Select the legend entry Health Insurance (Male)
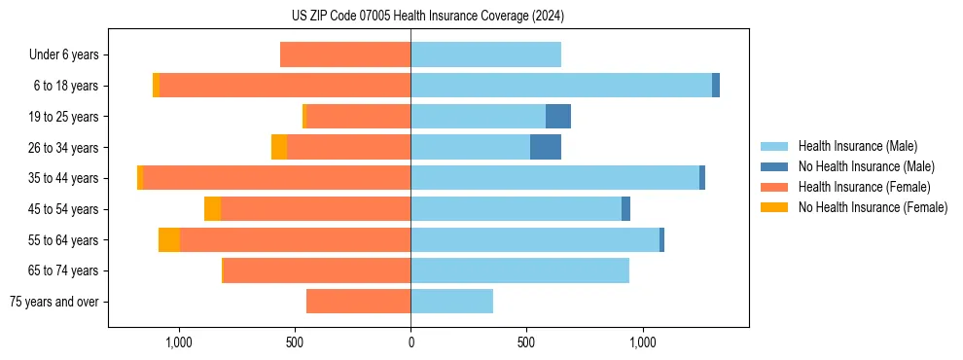(x=857, y=146)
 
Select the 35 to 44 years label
(x=64, y=178)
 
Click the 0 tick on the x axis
(x=410, y=342)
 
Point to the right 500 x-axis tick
(x=526, y=342)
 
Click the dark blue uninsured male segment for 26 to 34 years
(x=546, y=147)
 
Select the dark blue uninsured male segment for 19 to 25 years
(x=558, y=117)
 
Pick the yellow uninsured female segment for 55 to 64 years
(x=169, y=239)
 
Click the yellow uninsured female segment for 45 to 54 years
(x=212, y=208)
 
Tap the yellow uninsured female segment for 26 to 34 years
(x=279, y=147)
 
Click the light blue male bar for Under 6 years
(x=485, y=55)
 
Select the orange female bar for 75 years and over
(x=358, y=302)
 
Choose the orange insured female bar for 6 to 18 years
(x=284, y=86)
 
